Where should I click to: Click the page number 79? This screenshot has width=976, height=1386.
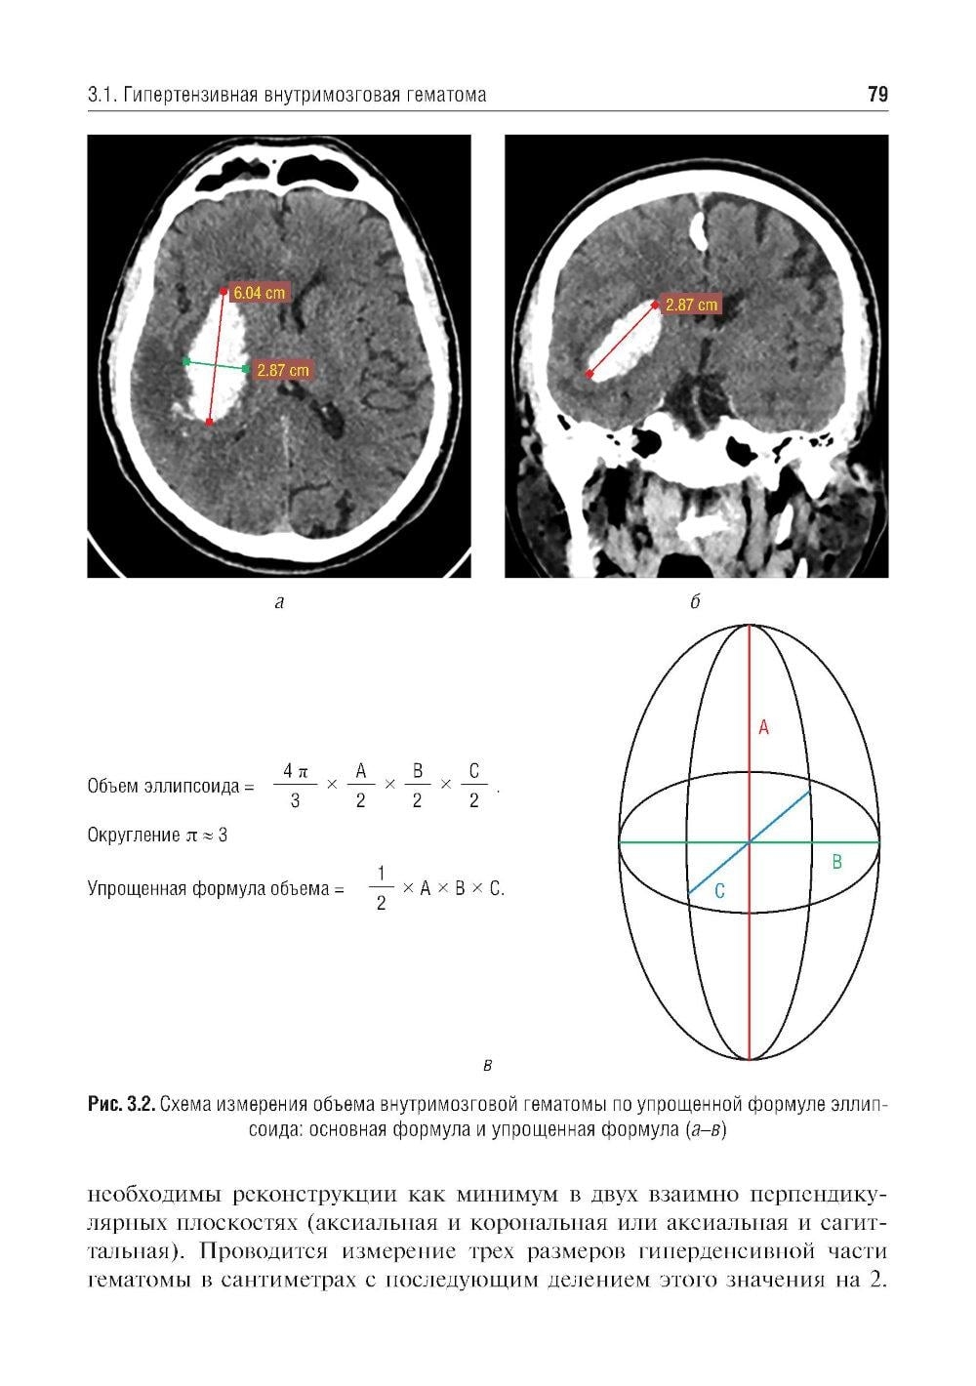click(x=877, y=94)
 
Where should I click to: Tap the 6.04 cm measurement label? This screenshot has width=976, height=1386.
click(x=259, y=292)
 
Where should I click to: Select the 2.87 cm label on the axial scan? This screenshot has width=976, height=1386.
click(x=282, y=370)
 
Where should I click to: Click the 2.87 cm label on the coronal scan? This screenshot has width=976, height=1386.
click(x=691, y=305)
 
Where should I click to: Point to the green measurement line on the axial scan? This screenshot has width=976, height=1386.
click(x=216, y=365)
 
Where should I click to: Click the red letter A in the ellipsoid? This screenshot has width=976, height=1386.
click(x=763, y=728)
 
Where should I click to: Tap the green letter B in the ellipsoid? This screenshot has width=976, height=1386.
click(x=836, y=861)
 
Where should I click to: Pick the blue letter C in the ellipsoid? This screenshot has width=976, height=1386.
click(x=719, y=891)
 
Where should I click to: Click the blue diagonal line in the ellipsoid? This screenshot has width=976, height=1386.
click(x=749, y=842)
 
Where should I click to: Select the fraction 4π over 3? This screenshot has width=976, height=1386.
click(x=295, y=786)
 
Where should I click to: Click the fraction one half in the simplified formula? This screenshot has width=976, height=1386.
click(x=381, y=888)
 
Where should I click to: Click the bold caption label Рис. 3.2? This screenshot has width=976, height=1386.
click(x=121, y=1104)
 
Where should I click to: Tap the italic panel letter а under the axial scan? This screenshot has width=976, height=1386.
click(x=279, y=602)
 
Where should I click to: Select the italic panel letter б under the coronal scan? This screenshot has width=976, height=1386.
click(x=695, y=601)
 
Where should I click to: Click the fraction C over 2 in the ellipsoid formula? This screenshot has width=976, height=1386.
click(x=473, y=786)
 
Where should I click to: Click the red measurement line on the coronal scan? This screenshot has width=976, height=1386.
click(x=622, y=340)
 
